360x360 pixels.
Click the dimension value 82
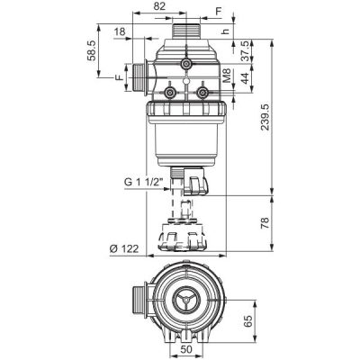coord(159,6)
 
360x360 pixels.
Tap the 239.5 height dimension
coord(265,117)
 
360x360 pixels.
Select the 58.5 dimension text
coord(92,50)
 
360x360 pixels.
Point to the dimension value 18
coord(120,31)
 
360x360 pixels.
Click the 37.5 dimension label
coord(245,51)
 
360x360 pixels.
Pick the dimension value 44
coord(245,78)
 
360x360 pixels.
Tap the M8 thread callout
coord(227,76)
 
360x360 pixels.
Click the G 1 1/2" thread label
coord(143,182)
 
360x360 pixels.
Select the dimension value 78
coord(265,223)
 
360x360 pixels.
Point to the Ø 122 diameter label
coord(124,248)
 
